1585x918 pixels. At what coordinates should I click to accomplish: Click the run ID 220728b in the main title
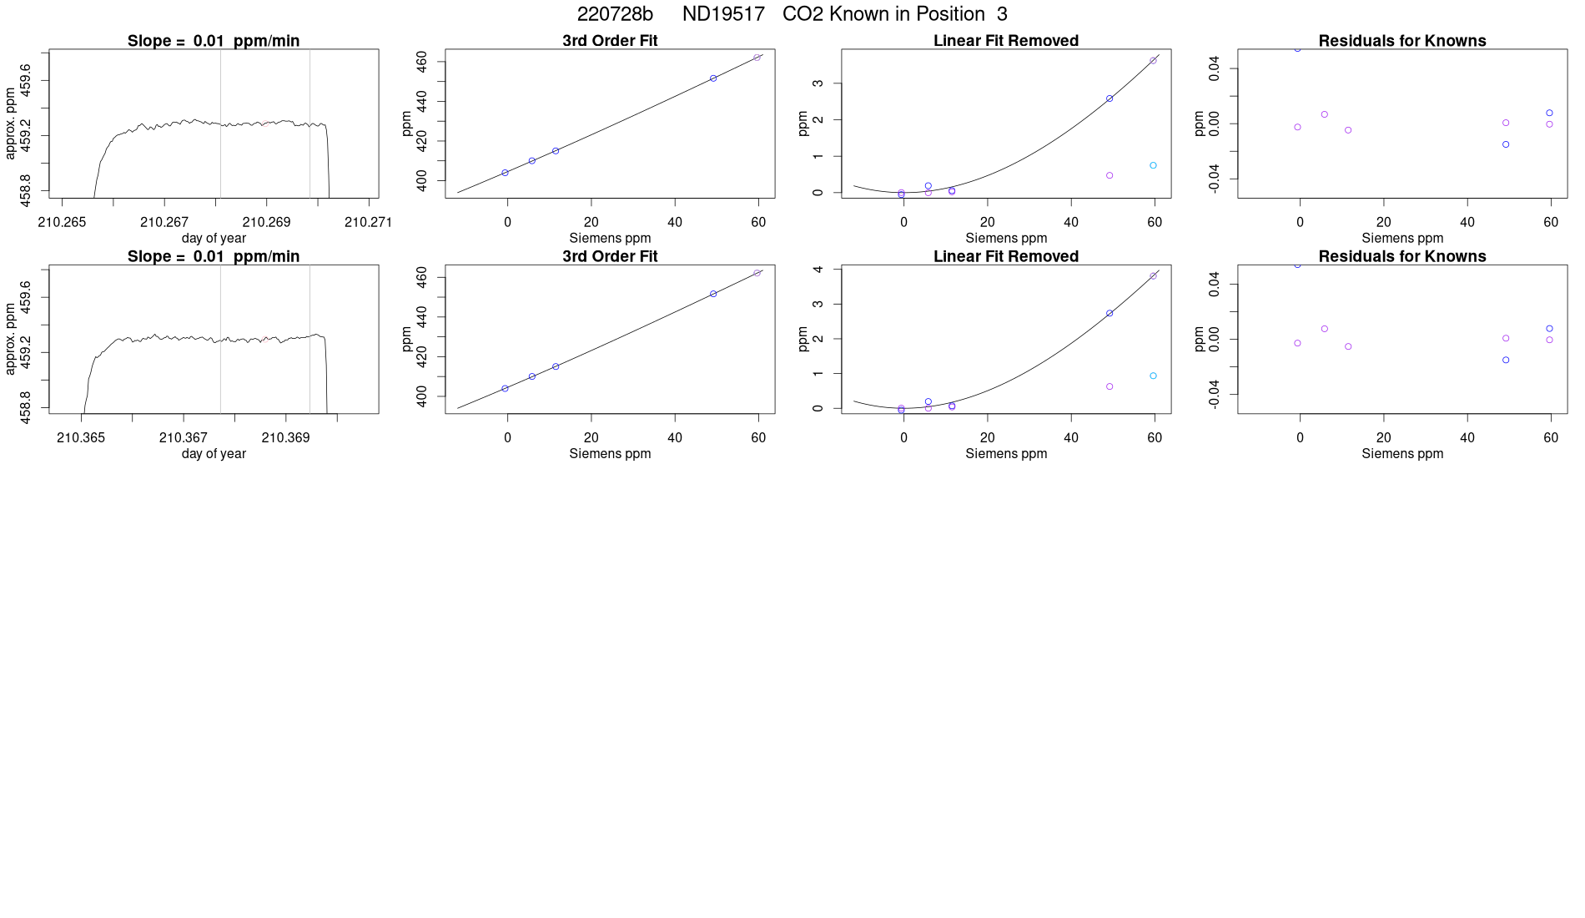(x=615, y=14)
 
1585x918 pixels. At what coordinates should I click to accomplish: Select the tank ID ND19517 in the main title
(x=723, y=14)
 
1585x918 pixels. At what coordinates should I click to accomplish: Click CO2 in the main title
(x=803, y=14)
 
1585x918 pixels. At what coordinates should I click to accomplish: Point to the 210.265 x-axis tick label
(x=62, y=222)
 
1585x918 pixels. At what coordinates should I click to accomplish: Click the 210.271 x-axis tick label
(x=368, y=222)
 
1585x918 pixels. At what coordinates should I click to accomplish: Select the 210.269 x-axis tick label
(x=266, y=222)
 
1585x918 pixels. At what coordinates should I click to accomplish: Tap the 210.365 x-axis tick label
(x=81, y=437)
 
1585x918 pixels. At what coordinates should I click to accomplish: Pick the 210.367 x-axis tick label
(x=184, y=437)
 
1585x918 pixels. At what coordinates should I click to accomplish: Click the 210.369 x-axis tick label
(x=285, y=437)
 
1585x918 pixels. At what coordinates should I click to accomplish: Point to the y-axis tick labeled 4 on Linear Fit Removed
(x=819, y=270)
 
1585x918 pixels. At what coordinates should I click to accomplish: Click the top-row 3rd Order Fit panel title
(x=610, y=41)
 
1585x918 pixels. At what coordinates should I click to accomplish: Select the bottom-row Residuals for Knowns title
(x=1402, y=256)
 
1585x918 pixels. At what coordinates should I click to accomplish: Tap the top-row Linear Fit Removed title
(x=1006, y=41)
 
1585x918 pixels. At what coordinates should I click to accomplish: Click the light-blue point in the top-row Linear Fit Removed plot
(x=1153, y=165)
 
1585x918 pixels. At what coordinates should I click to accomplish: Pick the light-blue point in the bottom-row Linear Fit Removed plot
(x=1153, y=376)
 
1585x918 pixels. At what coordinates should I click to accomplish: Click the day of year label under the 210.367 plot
(x=214, y=453)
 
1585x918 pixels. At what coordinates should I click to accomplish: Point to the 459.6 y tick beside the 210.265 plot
(x=26, y=81)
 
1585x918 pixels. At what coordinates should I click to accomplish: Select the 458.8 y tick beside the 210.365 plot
(x=26, y=407)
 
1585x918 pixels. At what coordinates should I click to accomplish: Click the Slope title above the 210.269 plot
(x=214, y=41)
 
